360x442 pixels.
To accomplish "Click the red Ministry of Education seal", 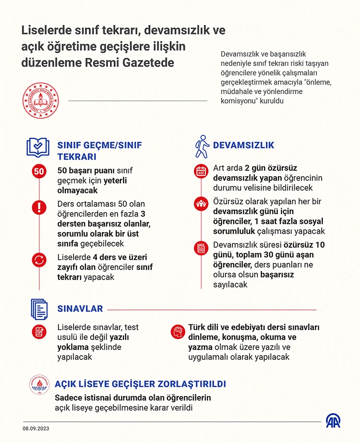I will pos(40,101).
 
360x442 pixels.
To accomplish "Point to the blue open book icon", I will pos(38,148).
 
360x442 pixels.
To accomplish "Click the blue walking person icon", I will pos(202,146).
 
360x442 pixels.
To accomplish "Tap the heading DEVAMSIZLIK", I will pos(243,145).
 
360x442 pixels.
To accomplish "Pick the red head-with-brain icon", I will pos(177,331).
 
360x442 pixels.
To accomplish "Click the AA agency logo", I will pos(333,420).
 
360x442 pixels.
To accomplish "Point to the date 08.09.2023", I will pos(36,428).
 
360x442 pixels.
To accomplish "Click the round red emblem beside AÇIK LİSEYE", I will pos(40,385).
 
